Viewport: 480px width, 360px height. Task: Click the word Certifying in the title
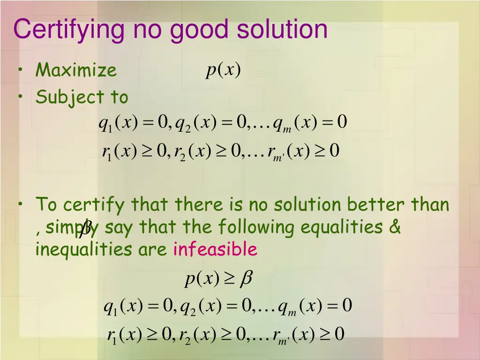coord(70,30)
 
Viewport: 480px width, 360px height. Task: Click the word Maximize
coord(76,70)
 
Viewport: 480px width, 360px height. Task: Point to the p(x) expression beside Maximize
coord(223,70)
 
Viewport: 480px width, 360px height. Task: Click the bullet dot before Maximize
coord(22,70)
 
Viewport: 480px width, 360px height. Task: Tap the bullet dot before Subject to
coord(22,97)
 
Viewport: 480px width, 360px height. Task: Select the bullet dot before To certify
coord(22,204)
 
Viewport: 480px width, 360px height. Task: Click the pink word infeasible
coord(215,249)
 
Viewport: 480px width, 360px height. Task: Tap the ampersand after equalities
coord(395,227)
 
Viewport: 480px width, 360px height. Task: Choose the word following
coord(256,227)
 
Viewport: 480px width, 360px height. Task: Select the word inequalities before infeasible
coord(85,249)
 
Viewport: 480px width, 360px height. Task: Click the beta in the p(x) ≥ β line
coord(246,279)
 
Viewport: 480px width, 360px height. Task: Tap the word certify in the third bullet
coord(94,205)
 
